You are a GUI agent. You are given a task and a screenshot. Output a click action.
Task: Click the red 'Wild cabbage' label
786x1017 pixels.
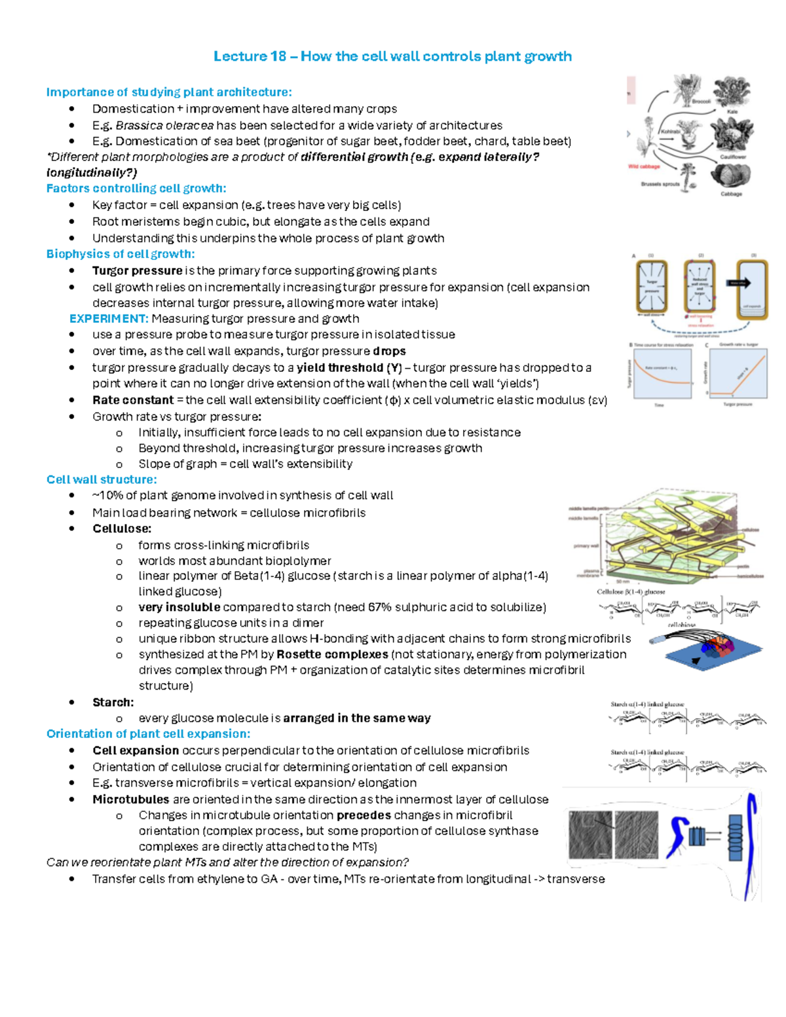(x=644, y=166)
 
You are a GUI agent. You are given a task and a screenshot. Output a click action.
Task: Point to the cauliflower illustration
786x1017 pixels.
(x=732, y=134)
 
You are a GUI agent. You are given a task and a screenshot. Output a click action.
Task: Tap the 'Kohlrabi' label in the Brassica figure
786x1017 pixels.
(x=670, y=132)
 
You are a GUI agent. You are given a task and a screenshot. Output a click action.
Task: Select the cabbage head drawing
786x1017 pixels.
(x=730, y=175)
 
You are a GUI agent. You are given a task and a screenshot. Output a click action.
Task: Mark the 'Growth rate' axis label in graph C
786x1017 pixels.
(x=705, y=373)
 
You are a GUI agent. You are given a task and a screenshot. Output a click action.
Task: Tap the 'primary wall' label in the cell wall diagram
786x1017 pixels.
(x=586, y=545)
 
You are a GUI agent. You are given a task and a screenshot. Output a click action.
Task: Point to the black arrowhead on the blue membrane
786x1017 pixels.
(x=695, y=661)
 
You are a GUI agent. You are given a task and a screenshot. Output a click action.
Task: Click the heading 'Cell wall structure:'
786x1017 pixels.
(x=102, y=479)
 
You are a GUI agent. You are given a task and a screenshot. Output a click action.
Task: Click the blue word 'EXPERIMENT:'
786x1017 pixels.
(x=109, y=319)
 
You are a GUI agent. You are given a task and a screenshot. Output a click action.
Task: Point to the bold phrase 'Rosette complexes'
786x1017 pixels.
(x=332, y=654)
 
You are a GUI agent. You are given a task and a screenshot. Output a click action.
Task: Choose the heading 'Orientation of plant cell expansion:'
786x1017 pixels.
(x=148, y=733)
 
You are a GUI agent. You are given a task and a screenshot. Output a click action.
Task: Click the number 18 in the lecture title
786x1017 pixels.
(x=278, y=56)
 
